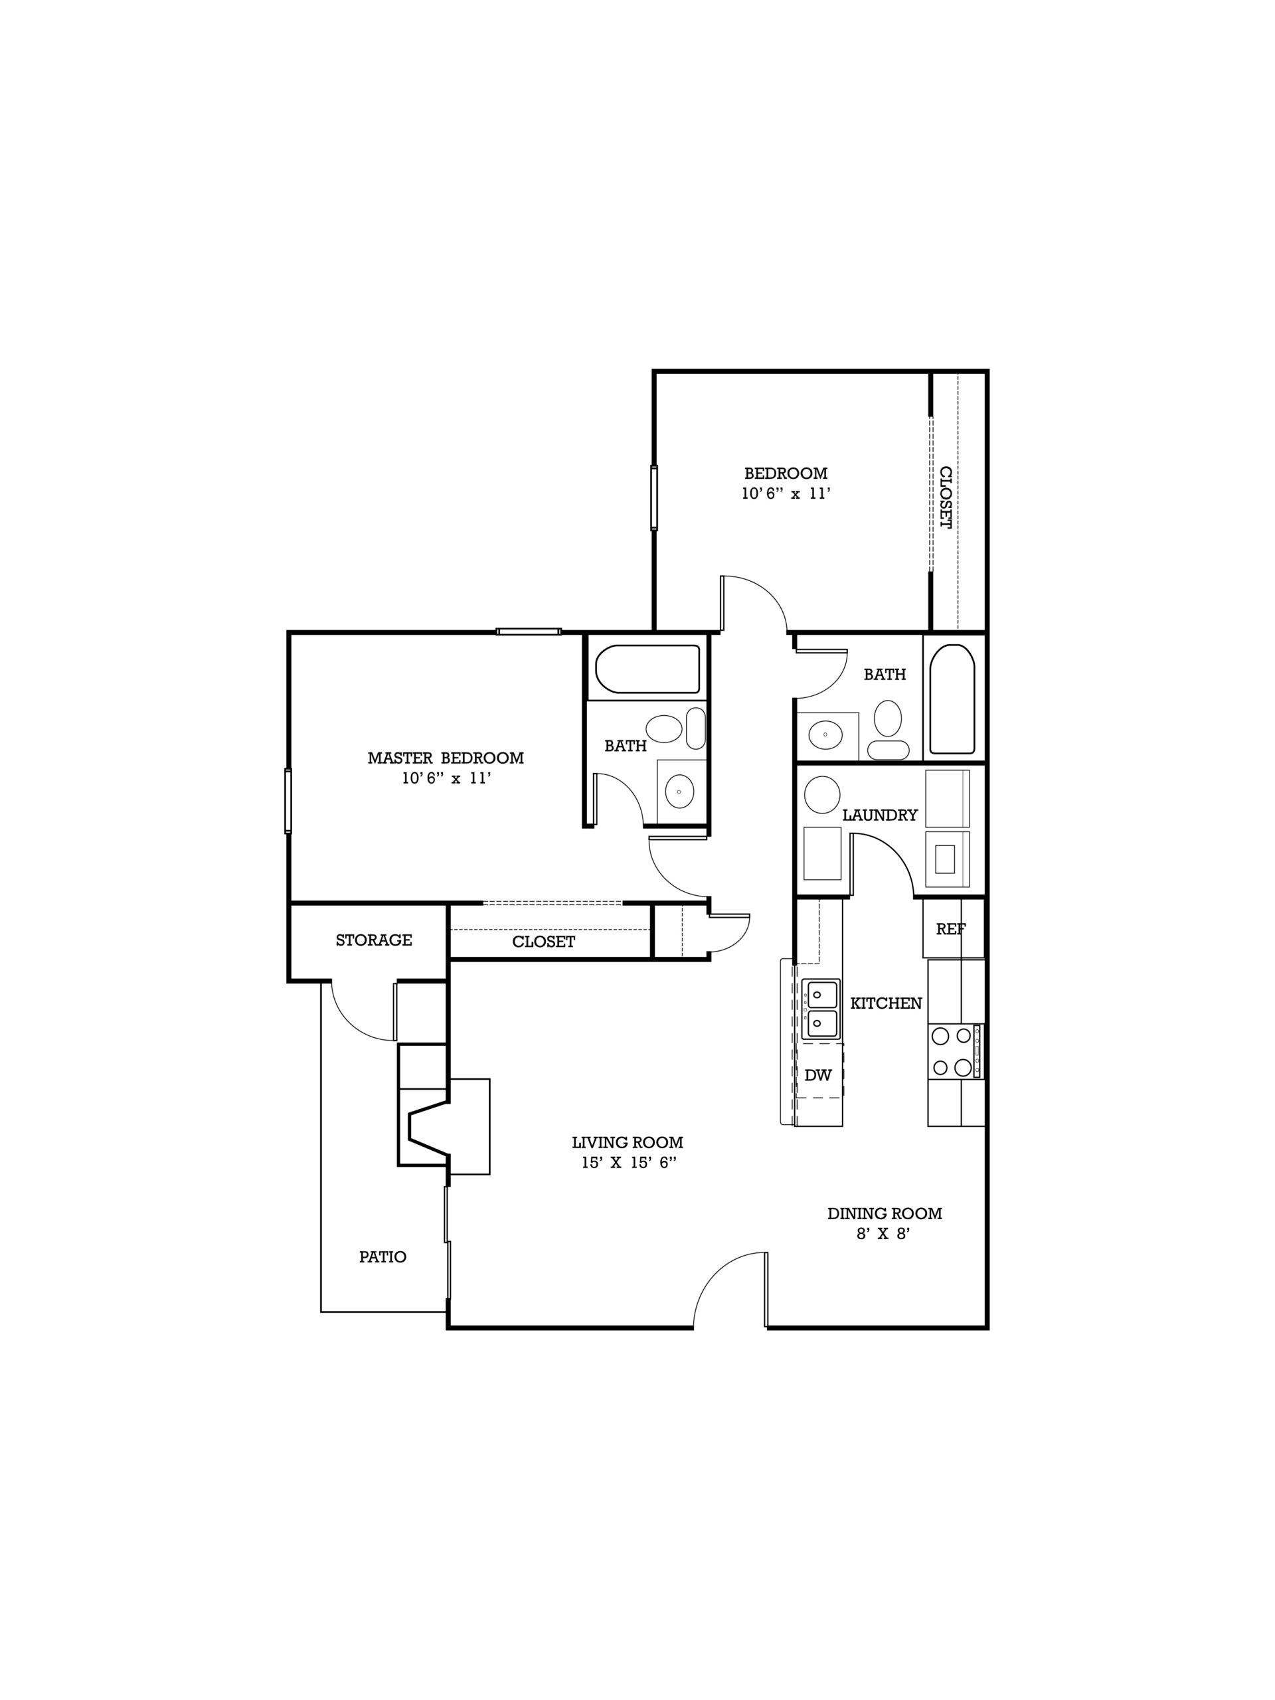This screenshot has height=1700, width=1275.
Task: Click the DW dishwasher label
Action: [x=817, y=1075]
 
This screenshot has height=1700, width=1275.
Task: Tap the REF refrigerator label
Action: [x=951, y=928]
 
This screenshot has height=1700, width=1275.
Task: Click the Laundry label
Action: [x=880, y=815]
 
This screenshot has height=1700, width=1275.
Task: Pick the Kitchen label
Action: [x=886, y=1003]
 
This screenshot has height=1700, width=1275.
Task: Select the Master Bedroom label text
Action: [x=446, y=758]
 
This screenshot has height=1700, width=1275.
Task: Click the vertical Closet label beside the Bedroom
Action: [x=946, y=497]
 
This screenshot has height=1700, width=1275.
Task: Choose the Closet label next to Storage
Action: [x=543, y=942]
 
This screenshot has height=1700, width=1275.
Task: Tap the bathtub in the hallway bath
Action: [x=952, y=699]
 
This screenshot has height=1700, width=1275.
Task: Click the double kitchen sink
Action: [x=820, y=1009]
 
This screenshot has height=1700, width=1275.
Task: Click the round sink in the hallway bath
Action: [x=825, y=734]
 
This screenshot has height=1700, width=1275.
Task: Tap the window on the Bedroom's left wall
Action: [x=654, y=497]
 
